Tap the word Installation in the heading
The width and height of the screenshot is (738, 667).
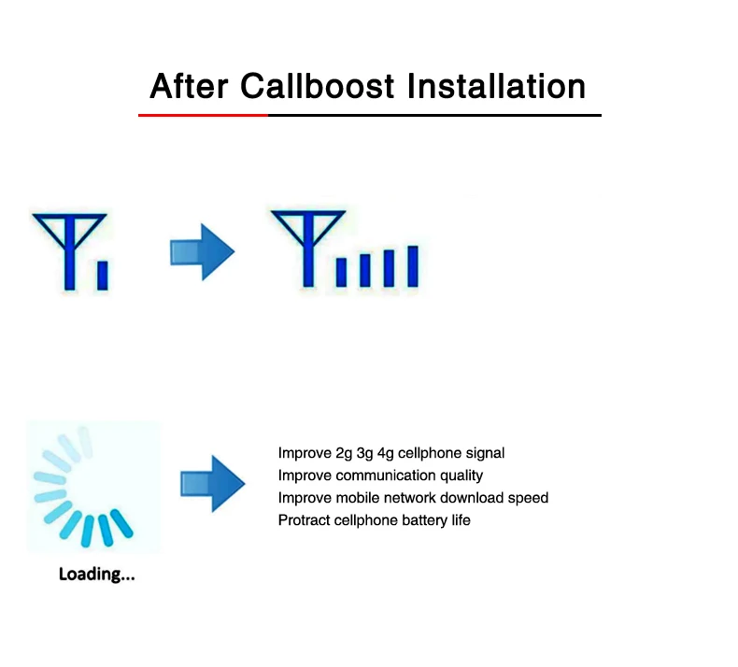pos(497,86)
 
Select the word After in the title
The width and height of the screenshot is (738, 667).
pos(189,86)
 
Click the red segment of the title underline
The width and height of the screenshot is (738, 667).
pos(203,115)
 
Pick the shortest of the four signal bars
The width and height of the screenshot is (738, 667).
pos(342,272)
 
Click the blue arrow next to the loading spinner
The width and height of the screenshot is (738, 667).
pos(212,483)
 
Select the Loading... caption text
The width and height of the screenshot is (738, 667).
pos(97,575)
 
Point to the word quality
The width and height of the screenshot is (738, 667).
pos(461,475)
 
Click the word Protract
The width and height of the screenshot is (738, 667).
pos(303,520)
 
